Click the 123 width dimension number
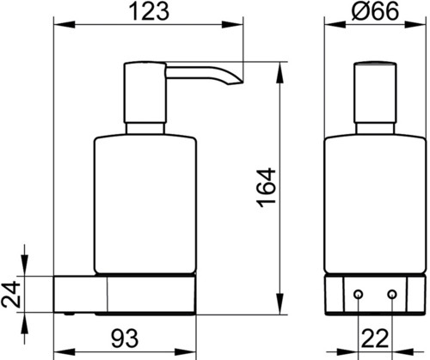(x=149, y=12)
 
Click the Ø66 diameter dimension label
(x=375, y=11)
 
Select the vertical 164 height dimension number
(x=267, y=187)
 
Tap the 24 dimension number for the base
(x=10, y=295)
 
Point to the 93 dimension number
(x=125, y=339)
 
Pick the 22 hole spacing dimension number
(x=375, y=339)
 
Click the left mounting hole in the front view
(x=358, y=294)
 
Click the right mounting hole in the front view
(x=392, y=294)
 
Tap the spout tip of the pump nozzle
(x=238, y=83)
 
